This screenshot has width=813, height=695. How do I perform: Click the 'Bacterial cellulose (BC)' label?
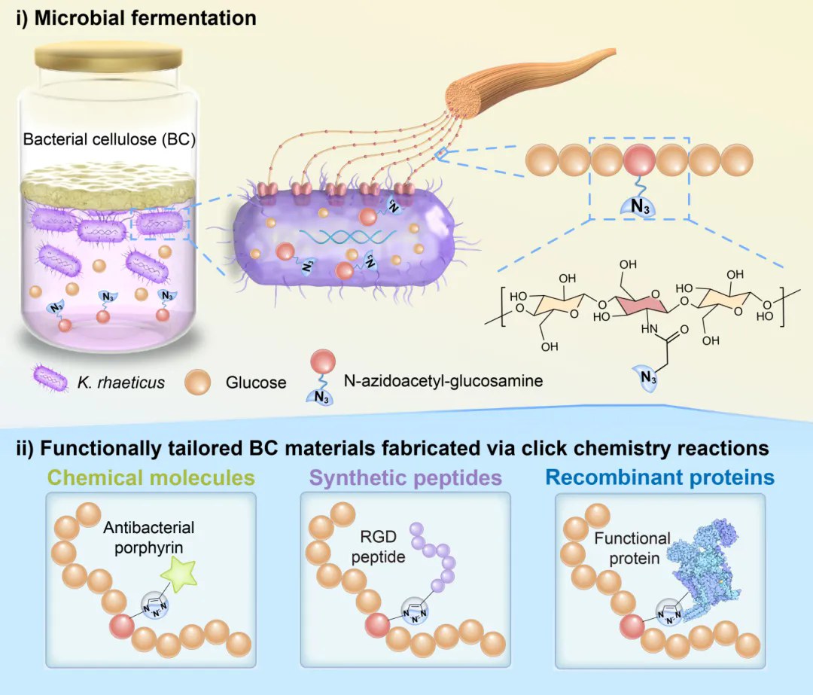point(109,140)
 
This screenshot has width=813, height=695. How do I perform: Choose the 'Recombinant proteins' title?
point(660,477)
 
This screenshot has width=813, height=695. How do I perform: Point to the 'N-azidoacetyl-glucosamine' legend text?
point(443,381)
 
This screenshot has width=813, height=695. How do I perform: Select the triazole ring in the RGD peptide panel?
point(416,611)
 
